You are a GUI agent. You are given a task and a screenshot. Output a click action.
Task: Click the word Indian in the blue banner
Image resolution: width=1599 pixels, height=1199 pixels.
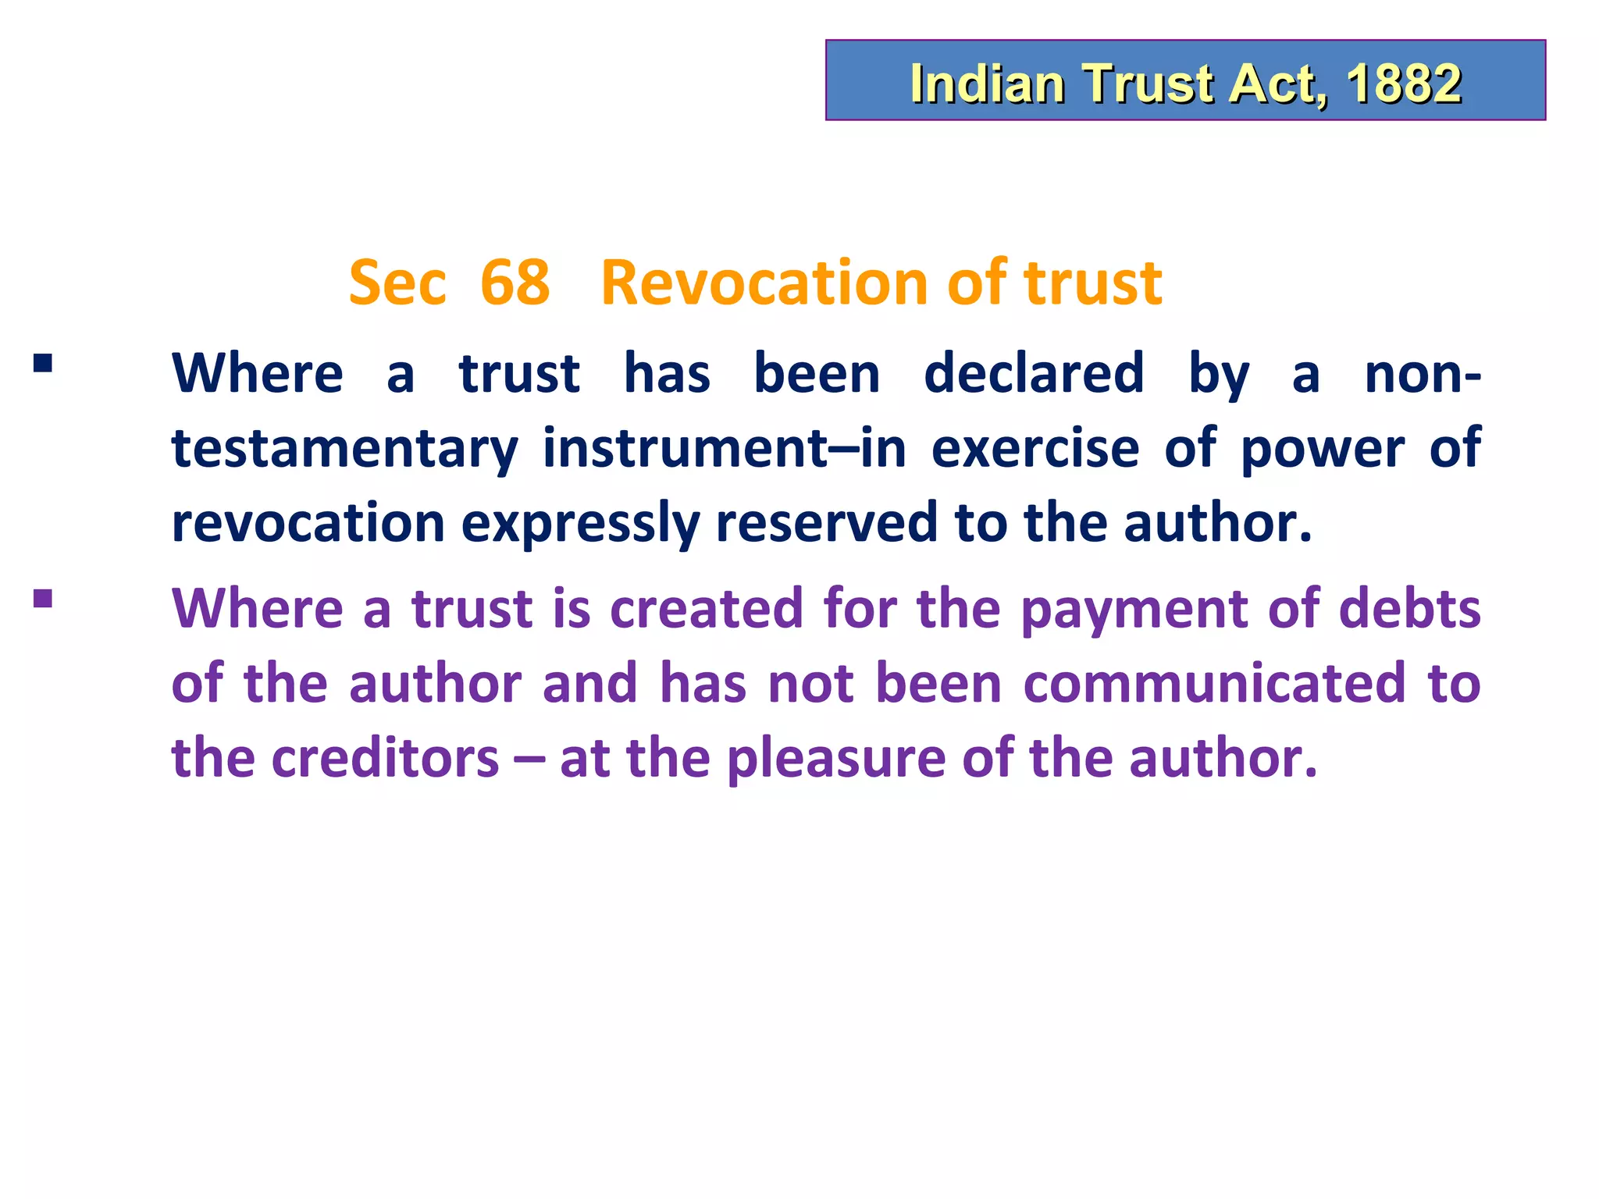(x=987, y=84)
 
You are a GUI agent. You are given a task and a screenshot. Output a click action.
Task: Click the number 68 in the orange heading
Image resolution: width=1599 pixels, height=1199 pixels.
(x=515, y=283)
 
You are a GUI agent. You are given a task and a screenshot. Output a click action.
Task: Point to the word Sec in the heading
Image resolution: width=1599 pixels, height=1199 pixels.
(x=397, y=283)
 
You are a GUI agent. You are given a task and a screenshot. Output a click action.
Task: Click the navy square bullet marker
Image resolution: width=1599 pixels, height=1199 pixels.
(x=43, y=364)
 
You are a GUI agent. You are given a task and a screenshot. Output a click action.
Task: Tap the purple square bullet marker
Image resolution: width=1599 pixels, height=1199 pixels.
(x=43, y=599)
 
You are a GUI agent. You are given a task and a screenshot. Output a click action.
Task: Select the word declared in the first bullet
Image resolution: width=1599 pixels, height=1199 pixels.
(x=1034, y=373)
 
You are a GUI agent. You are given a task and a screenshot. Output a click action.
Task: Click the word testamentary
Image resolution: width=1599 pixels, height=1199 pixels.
(x=344, y=449)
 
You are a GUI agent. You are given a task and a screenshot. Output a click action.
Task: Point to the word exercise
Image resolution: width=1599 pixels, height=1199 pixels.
(x=1035, y=449)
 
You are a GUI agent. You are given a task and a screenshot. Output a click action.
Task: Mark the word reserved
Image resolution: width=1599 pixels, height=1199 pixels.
(x=826, y=524)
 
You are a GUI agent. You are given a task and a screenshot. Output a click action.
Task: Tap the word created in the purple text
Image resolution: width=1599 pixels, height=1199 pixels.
(x=706, y=608)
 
